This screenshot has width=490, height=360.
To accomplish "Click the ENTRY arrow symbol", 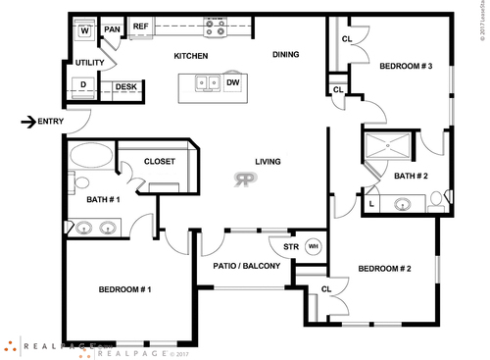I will (x=28, y=122).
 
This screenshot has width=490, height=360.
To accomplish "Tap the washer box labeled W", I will (x=84, y=29).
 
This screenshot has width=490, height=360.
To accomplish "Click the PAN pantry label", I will (x=112, y=29).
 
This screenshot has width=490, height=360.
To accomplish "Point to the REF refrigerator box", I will (x=140, y=26).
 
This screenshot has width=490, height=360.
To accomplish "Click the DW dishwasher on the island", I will (x=233, y=83).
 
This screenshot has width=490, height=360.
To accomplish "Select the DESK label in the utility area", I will (x=125, y=87).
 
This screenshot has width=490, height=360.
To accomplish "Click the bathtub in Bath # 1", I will (x=91, y=155).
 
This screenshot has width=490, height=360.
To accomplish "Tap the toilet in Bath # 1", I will (x=81, y=182).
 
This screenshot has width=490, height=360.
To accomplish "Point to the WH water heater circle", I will (x=314, y=246).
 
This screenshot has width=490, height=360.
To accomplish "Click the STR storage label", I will (x=290, y=246).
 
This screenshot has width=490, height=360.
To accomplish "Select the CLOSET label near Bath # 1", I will (x=159, y=162).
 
